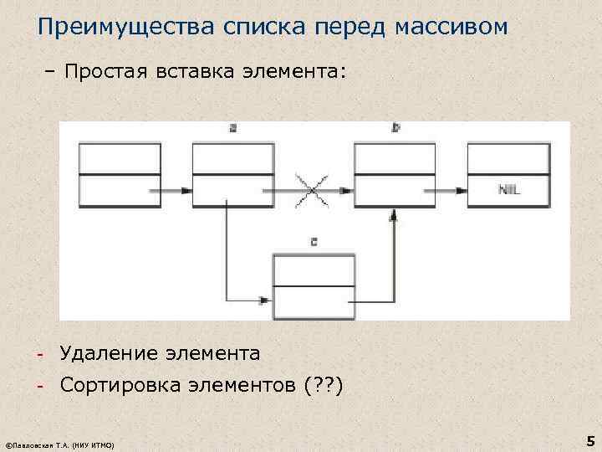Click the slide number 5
click(589, 440)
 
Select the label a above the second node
click(232, 129)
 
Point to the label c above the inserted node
click(313, 242)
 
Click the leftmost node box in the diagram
click(120, 174)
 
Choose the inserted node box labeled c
click(314, 286)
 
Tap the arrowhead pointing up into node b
click(393, 215)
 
